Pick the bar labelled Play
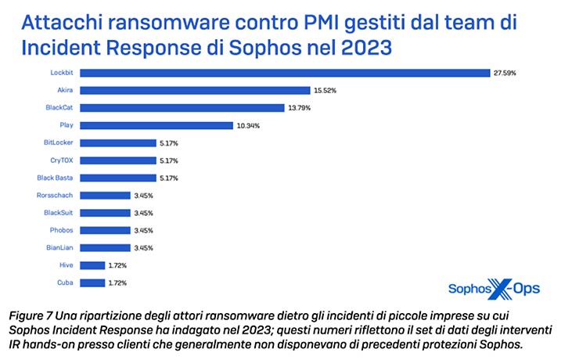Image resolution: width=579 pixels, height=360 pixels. pos(157,125)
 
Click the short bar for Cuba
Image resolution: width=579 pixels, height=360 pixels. pos(93,282)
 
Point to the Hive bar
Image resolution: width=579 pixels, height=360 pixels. pos(93,265)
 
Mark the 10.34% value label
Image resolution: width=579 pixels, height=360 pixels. pos(247,125)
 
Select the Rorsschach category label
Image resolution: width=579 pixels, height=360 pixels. pos(56,195)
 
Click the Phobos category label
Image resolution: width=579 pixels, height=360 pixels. pos(62,230)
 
